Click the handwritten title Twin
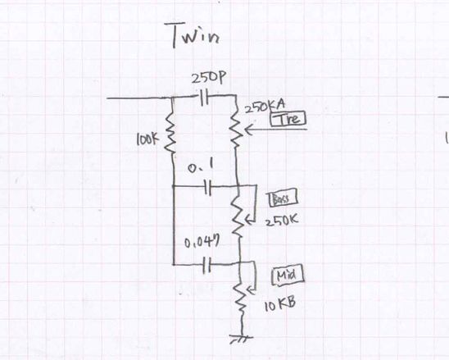point(195,35)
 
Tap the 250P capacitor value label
point(208,79)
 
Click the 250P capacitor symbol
point(205,98)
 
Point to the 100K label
point(147,139)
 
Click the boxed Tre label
point(288,119)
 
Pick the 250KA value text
point(265,107)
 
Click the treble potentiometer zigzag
point(237,129)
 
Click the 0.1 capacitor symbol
point(208,187)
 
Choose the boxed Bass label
point(283,199)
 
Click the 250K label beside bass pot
point(282,221)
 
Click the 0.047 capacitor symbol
point(207,265)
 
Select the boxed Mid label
point(288,276)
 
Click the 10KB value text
point(279,305)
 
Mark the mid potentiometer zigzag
point(241,296)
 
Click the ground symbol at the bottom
point(242,339)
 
